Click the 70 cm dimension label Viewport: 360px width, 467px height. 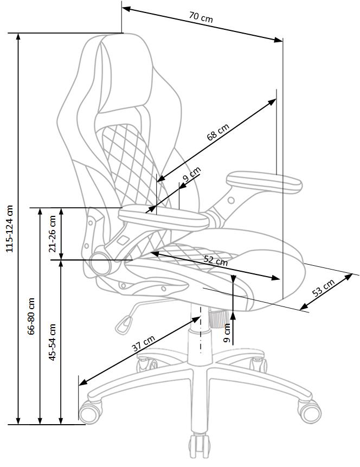(x=201, y=17)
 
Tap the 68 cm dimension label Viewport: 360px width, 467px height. (x=218, y=132)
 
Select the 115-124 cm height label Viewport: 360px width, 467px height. (x=9, y=228)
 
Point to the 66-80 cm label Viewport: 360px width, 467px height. (x=31, y=316)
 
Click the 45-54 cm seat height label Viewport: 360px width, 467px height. (x=53, y=343)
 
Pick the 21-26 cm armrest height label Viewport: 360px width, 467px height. (x=53, y=233)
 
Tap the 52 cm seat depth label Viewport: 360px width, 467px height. (x=216, y=260)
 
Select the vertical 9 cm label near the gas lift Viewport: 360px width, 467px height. (x=227, y=332)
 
